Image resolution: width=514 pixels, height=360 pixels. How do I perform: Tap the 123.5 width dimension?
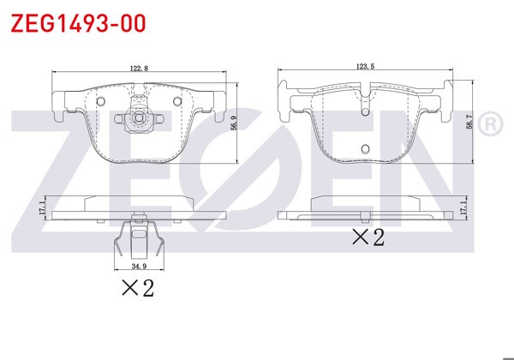click(x=367, y=63)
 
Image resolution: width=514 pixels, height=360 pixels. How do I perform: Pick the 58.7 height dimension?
click(x=468, y=124)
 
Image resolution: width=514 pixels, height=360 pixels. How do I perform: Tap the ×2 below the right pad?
click(x=369, y=237)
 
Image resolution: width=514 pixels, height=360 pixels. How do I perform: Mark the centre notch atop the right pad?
click(x=368, y=86)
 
